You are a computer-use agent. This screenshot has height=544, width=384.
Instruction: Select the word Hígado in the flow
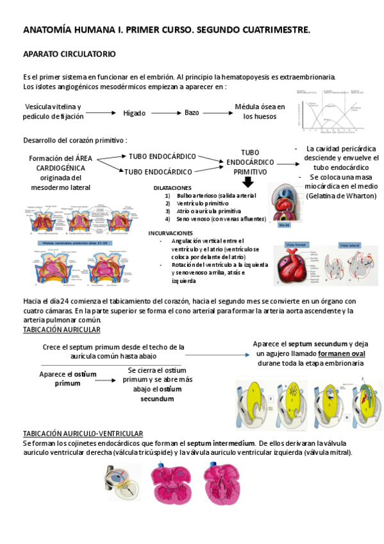[x=135, y=113]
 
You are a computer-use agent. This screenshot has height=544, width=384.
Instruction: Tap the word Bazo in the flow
[x=192, y=113]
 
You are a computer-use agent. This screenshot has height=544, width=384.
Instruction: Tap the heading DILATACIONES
[x=172, y=187]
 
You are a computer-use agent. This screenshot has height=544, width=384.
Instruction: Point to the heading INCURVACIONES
[x=171, y=233]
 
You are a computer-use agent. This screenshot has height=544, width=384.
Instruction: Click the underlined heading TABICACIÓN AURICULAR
[x=62, y=329]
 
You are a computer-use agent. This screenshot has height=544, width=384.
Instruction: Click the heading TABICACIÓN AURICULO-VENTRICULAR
[x=83, y=434]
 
